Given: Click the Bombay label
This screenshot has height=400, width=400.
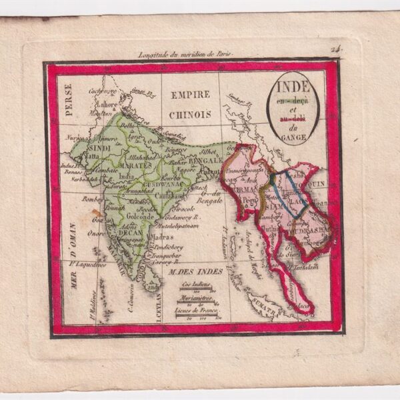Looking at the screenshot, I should click(x=89, y=199).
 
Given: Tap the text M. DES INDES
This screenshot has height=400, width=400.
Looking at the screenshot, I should click(x=186, y=271).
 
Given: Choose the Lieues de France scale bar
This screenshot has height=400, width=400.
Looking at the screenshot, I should click(x=196, y=309).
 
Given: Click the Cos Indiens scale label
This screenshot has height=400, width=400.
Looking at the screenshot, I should click(x=196, y=284).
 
